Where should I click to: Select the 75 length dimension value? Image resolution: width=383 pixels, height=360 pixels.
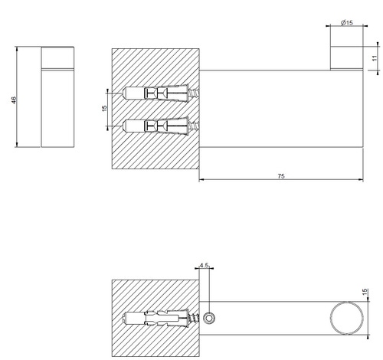pos(280,175)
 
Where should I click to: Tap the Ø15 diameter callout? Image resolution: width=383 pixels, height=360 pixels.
pos(346,24)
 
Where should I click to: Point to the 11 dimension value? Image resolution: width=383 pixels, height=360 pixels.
pos(375,58)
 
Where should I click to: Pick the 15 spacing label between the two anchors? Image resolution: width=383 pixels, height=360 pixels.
pos(105,109)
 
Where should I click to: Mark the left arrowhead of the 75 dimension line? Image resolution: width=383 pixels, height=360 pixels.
pos(202,181)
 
